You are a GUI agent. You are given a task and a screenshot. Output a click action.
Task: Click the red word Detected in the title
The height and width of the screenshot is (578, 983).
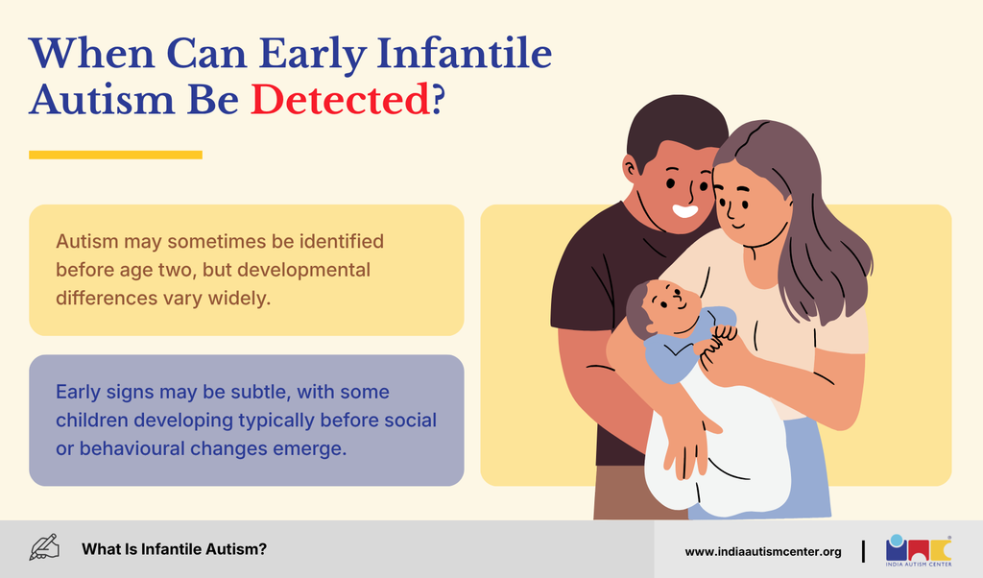click(341, 100)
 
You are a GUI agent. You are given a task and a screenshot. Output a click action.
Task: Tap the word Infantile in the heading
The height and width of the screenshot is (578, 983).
click(465, 53)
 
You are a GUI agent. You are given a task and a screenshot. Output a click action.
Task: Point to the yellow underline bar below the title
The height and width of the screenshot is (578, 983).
click(115, 155)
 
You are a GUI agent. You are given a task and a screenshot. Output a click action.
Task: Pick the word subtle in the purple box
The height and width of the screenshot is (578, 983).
click(259, 392)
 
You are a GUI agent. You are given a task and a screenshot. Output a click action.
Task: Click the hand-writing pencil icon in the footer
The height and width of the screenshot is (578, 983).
click(44, 547)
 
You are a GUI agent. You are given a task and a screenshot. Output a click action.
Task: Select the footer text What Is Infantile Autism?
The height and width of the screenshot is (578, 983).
click(175, 549)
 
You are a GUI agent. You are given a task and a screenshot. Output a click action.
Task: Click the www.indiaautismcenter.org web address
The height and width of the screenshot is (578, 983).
click(763, 552)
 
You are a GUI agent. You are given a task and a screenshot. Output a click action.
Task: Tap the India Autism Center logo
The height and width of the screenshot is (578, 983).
click(919, 550)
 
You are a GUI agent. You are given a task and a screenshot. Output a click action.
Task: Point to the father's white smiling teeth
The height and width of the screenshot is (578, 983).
click(685, 210)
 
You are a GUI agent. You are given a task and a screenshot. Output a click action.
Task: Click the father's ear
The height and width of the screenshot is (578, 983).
click(630, 167)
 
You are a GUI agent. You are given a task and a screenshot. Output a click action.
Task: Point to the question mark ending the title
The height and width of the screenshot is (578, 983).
click(438, 100)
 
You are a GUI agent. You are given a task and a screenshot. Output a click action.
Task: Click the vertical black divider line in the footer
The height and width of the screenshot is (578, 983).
click(863, 551)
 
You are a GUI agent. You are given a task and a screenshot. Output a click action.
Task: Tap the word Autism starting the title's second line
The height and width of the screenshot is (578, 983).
click(102, 100)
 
